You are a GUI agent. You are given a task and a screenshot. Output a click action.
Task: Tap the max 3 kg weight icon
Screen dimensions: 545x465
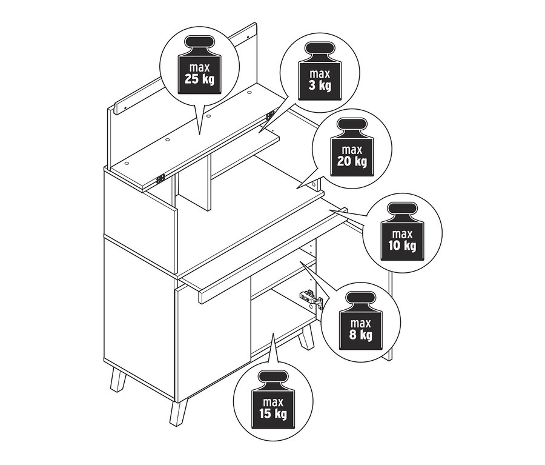coord(320,71)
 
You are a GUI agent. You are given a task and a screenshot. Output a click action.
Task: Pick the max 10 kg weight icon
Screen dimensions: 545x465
coord(402,231)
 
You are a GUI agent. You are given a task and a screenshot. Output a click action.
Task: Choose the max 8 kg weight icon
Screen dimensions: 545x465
coord(361,321)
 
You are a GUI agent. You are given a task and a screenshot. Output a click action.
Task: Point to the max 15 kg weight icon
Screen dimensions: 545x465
coord(273,400)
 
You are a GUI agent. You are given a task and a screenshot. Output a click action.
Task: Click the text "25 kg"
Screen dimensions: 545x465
coord(199,79)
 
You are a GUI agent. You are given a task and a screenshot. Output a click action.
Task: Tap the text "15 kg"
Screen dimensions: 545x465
coord(273,414)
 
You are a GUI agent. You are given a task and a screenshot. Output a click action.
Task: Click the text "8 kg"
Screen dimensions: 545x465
coord(361,335)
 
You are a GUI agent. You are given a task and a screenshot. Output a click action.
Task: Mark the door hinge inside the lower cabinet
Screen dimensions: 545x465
coord(311,298)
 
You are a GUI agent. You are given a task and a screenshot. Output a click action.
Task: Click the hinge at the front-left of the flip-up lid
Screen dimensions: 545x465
coord(160,179)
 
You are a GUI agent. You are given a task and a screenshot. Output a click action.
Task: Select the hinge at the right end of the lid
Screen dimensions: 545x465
coord(270,115)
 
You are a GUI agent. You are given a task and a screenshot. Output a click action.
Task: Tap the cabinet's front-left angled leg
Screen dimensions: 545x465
coord(117,380)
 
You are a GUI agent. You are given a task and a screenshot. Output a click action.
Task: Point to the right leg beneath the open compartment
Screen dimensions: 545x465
coord(306,338)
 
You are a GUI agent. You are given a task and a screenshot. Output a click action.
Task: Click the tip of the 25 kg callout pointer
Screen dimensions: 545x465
coord(199,135)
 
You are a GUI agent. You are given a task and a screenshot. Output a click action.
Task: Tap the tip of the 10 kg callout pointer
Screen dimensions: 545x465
coord(329,210)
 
